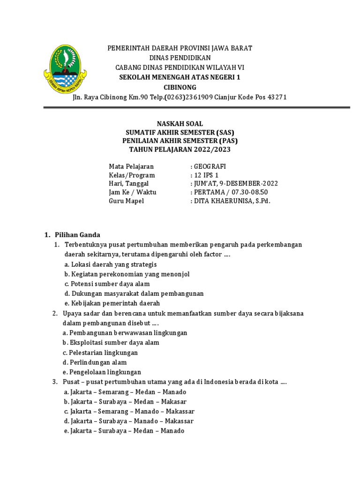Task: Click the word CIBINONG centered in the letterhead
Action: coord(180,87)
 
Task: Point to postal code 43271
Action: coord(277,97)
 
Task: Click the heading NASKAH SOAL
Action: coord(180,124)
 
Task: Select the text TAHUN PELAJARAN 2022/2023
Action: coord(180,149)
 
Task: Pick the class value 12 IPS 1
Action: coord(207,175)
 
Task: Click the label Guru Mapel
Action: coord(126,201)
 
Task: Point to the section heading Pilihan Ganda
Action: coord(77,235)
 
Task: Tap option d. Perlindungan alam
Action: coord(95,362)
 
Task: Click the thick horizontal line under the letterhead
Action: coord(197,108)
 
